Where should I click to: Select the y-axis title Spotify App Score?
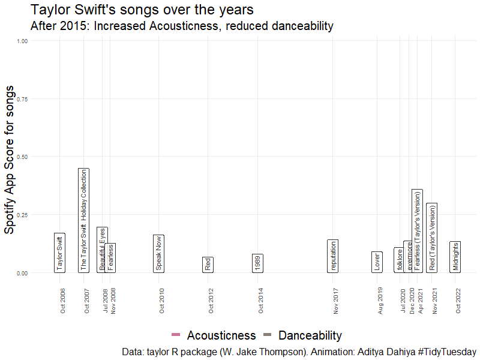[10, 159]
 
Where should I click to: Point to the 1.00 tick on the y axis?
[23, 41]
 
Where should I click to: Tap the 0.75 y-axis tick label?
[23, 99]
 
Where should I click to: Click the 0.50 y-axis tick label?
[23, 157]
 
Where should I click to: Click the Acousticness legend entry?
[214, 335]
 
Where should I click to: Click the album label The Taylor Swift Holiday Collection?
[84, 220]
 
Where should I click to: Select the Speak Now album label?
[158, 254]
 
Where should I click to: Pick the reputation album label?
[333, 256]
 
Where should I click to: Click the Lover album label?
[377, 262]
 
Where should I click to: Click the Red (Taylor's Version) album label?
[431, 238]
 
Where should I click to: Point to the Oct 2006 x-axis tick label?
[63, 301]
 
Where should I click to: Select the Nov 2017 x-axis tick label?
[336, 301]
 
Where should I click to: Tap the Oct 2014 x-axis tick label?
[261, 301]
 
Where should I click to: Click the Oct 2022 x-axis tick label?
[458, 301]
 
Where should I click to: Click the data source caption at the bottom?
[298, 352]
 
